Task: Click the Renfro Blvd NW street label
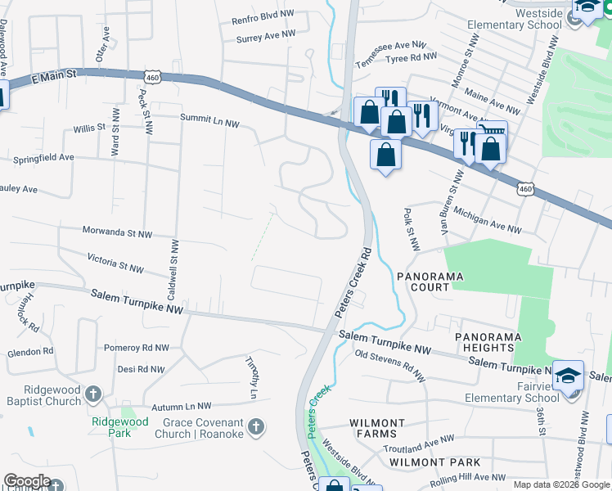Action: point(263,16)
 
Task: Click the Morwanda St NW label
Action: point(116,234)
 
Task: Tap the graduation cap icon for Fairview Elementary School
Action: point(568,376)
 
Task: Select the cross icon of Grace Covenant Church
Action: point(256,427)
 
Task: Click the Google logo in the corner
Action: point(27,481)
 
